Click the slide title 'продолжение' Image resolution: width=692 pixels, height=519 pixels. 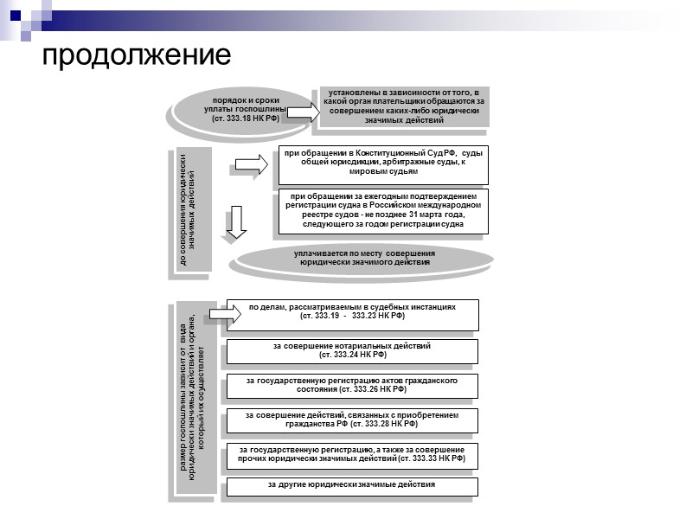pyautogui.click(x=137, y=54)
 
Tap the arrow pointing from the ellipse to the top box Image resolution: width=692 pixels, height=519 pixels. pyautogui.click(x=299, y=112)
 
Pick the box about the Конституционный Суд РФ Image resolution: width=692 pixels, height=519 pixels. pyautogui.click(x=382, y=163)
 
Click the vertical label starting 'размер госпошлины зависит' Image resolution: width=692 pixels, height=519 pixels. pyautogui.click(x=194, y=400)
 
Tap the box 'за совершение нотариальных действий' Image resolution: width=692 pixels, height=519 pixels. pyautogui.click(x=351, y=350)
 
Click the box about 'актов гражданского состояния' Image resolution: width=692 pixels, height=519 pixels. pyautogui.click(x=351, y=386)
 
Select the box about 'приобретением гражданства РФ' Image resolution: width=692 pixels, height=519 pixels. pyautogui.click(x=351, y=420)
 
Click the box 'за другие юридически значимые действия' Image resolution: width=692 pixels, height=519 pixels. pyautogui.click(x=351, y=485)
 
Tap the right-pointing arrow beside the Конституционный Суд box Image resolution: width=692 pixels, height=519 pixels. pyautogui.click(x=252, y=163)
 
